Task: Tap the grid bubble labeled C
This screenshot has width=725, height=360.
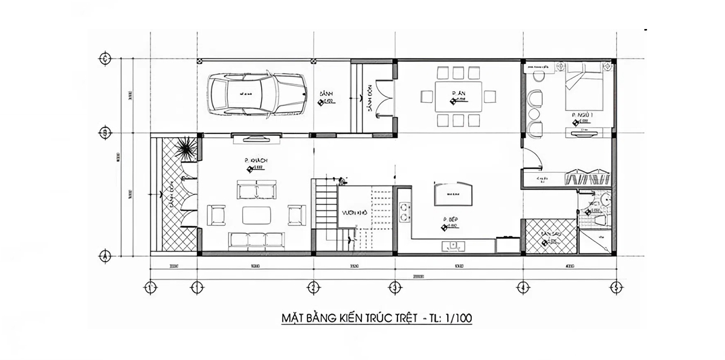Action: [x=105, y=59]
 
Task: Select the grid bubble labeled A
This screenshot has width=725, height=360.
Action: [x=105, y=255]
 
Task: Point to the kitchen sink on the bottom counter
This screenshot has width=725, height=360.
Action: [x=453, y=245]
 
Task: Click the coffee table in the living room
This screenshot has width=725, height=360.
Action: [x=256, y=215]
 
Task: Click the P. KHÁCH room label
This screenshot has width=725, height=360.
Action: [x=256, y=160]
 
